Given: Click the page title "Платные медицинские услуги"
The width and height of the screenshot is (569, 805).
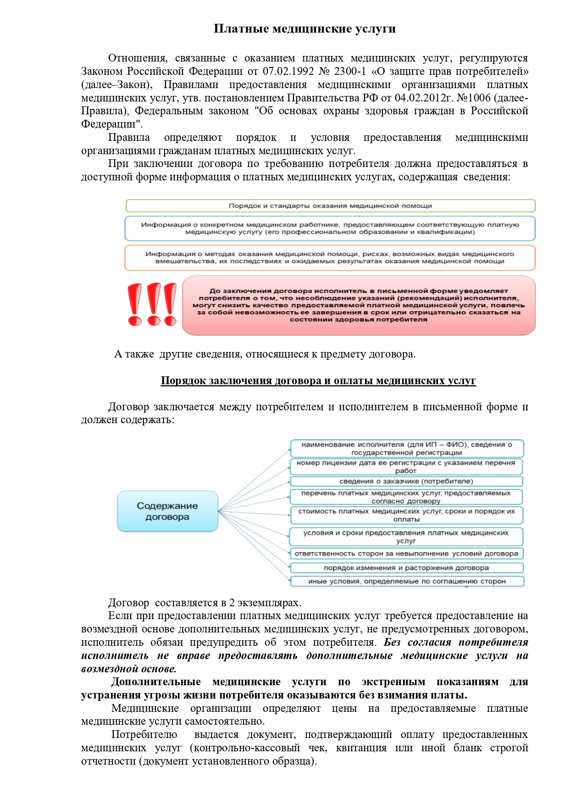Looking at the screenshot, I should (x=304, y=29).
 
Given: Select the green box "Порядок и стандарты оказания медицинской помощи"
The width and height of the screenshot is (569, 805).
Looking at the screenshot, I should (x=330, y=206).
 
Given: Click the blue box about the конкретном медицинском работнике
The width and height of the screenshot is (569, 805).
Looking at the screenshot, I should (x=330, y=228).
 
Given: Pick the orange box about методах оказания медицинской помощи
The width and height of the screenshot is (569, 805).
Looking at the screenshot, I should (x=330, y=257).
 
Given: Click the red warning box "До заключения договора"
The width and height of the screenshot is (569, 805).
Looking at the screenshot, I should (x=359, y=305).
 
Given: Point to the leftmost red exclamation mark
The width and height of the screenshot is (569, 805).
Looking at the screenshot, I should (x=135, y=304).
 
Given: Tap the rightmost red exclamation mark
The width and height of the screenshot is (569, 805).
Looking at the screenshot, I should (x=170, y=304).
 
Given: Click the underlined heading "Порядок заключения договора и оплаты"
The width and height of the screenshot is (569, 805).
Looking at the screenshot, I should (x=318, y=381).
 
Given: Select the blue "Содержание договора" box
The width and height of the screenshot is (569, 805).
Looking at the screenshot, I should (x=167, y=511).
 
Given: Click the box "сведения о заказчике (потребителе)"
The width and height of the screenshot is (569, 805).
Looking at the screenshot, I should (x=406, y=481).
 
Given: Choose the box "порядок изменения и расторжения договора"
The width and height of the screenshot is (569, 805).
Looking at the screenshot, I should (x=406, y=568).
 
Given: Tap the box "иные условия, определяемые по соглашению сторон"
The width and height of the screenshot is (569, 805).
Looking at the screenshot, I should (x=406, y=581).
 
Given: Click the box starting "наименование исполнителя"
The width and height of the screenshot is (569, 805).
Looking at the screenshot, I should (x=406, y=448).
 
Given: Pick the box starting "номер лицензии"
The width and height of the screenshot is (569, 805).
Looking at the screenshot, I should (x=406, y=466).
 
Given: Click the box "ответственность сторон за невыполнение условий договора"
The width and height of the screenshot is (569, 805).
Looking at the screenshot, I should (x=406, y=553).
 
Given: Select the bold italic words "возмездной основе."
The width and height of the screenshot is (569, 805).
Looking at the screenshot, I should (x=129, y=669).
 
